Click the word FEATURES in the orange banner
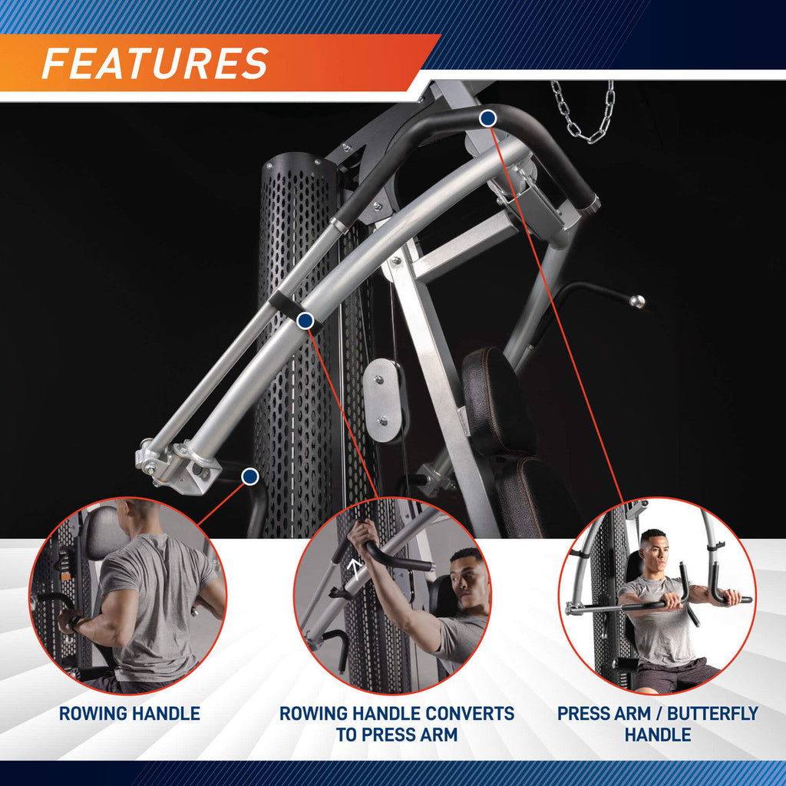[x=155, y=63]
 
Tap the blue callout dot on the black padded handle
[x=487, y=118]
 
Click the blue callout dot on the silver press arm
[x=305, y=320]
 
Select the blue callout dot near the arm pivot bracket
[x=249, y=477]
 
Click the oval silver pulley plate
[x=384, y=400]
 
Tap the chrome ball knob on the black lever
[x=636, y=302]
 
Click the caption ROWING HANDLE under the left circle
[x=129, y=713]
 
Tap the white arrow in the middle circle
[x=355, y=569]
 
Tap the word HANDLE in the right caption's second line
[x=658, y=735]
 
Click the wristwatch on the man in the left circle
[x=74, y=623]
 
